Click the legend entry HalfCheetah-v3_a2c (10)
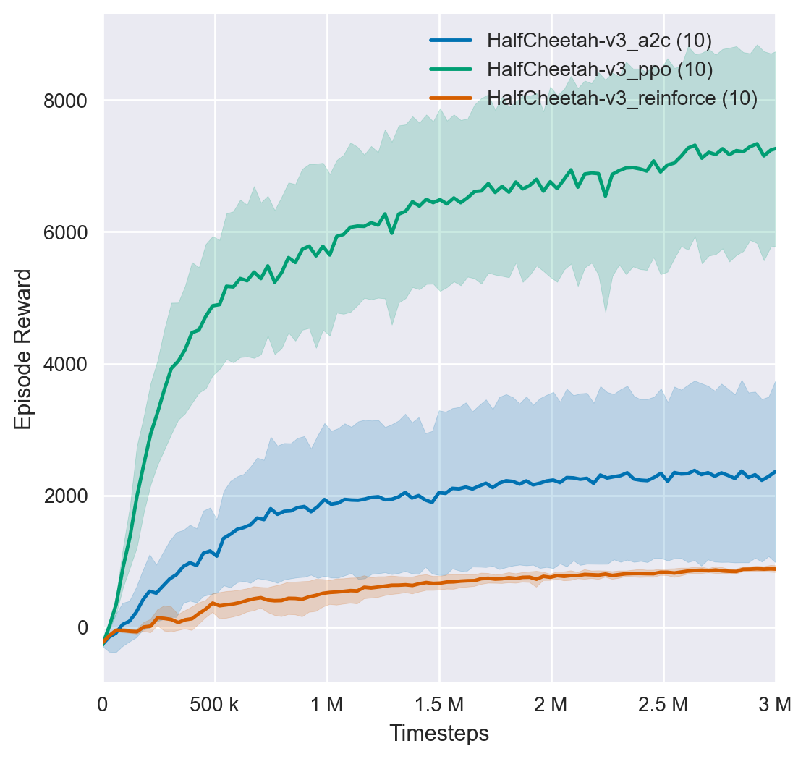[x=600, y=41]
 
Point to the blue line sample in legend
[x=451, y=41]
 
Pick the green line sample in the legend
[x=451, y=69]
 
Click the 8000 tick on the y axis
[x=67, y=101]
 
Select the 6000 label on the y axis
[x=67, y=232]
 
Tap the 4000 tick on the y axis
[x=67, y=364]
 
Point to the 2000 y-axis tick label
[x=67, y=496]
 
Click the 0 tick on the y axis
[x=83, y=628]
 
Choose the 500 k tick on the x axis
[x=215, y=702]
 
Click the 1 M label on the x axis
[x=327, y=702]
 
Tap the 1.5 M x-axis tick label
[x=439, y=702]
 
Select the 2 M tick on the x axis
[x=551, y=702]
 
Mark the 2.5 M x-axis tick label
[x=663, y=702]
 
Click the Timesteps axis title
[x=439, y=733]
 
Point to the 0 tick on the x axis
[x=103, y=702]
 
